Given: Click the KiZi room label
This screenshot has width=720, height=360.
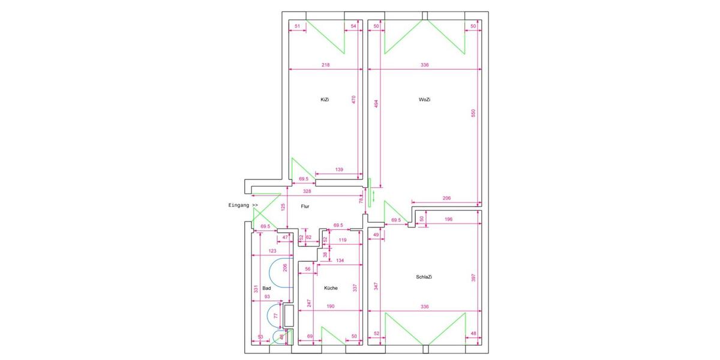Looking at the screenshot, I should pyautogui.click(x=325, y=100).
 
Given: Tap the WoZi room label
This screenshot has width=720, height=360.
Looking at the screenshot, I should pyautogui.click(x=424, y=100).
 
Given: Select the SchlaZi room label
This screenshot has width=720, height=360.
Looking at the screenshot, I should pyautogui.click(x=424, y=277).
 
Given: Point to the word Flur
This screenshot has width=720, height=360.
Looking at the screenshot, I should pyautogui.click(x=305, y=206).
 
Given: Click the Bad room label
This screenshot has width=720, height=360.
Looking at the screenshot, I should pyautogui.click(x=266, y=289).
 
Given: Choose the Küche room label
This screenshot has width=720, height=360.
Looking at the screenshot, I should pyautogui.click(x=331, y=288).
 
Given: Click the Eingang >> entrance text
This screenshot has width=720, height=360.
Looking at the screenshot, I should pyautogui.click(x=243, y=206).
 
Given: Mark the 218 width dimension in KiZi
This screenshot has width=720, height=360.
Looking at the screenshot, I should pyautogui.click(x=325, y=65).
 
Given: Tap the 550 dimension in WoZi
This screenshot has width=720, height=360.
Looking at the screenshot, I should pyautogui.click(x=473, y=113).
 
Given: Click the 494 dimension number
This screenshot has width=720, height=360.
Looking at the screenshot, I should pyautogui.click(x=376, y=103).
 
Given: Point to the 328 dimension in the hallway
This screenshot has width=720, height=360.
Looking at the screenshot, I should pyautogui.click(x=307, y=191).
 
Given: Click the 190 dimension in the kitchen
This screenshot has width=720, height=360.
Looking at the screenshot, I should pyautogui.click(x=330, y=306).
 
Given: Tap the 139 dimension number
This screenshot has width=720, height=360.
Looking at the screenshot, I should pyautogui.click(x=339, y=170).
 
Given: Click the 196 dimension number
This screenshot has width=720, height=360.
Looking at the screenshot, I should pyautogui.click(x=448, y=219).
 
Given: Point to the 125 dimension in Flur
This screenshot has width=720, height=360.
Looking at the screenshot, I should pyautogui.click(x=283, y=207).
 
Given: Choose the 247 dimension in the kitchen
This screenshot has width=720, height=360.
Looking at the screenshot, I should pyautogui.click(x=309, y=303).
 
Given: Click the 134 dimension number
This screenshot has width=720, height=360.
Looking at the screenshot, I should pyautogui.click(x=340, y=260).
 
